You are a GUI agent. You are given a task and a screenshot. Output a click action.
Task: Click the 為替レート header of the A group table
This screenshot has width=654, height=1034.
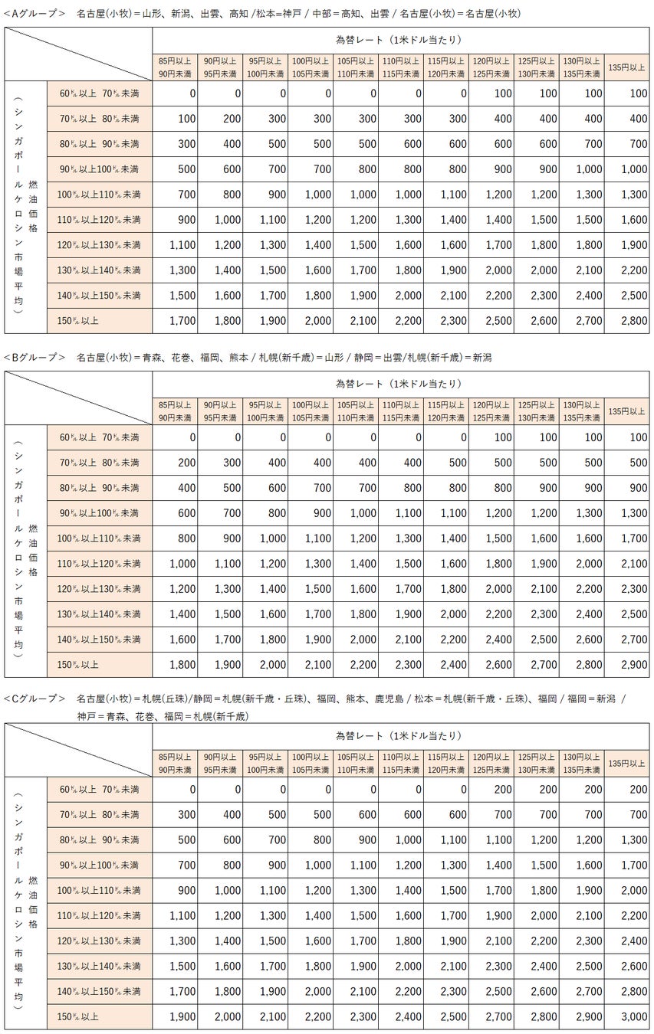(398, 39)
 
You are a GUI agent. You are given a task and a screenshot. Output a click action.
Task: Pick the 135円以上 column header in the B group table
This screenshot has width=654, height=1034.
(626, 411)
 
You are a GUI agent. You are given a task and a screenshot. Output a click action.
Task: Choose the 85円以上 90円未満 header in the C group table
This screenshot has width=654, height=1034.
(175, 762)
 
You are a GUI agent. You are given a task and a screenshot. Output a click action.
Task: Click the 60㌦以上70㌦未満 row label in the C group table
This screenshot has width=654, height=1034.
(100, 789)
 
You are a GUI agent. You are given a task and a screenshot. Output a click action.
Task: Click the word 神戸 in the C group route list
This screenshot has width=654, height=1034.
(87, 717)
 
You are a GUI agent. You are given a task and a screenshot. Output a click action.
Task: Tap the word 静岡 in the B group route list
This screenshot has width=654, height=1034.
(358, 358)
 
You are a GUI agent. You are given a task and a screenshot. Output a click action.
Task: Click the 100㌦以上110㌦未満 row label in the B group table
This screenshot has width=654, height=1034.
(100, 538)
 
